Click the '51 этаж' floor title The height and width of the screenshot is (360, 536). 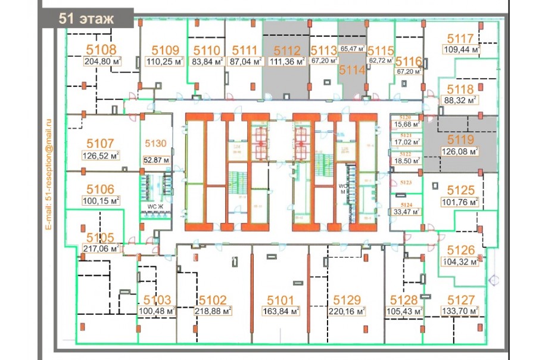coord(86,18)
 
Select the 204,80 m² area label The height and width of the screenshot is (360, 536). coord(102,60)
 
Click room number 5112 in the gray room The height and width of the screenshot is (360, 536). coord(283,50)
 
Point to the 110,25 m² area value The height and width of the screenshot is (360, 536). coord(165,61)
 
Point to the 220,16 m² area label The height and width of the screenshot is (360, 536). coord(347,311)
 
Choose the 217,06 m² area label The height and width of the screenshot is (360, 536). coord(102,249)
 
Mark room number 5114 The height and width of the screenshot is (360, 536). coord(352,70)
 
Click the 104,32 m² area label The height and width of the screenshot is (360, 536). coord(461,261)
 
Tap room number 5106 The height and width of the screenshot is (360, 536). coord(101,189)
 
